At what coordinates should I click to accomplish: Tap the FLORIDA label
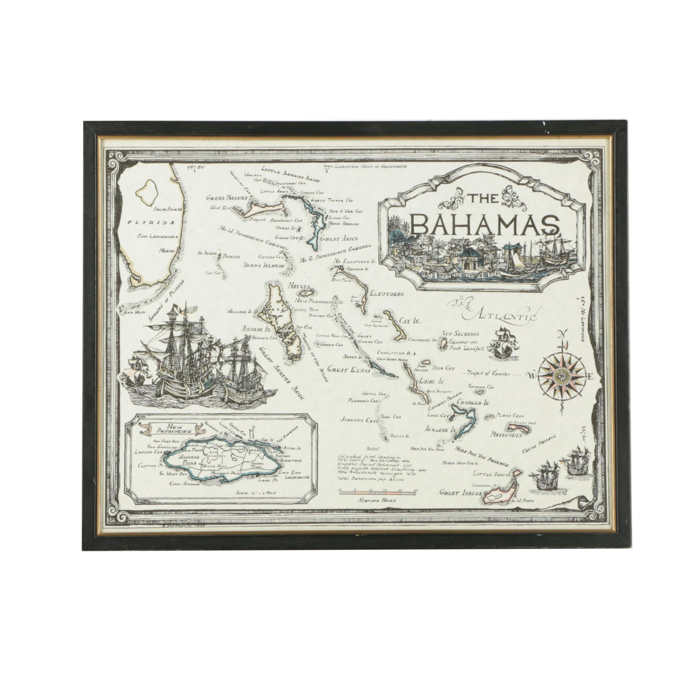point(151,223)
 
